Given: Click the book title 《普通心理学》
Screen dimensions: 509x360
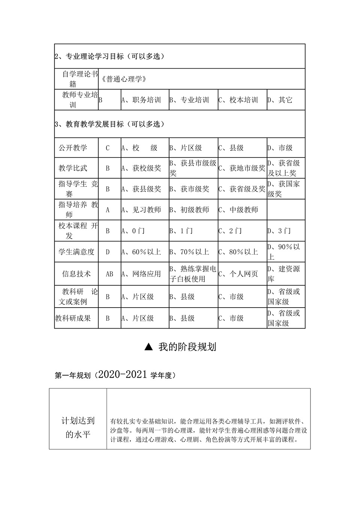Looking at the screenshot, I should point(124,79).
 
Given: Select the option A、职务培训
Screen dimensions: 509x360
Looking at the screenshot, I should point(141,100).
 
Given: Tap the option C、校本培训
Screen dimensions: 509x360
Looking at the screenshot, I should point(238,100).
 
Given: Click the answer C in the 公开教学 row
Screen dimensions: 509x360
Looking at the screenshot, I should point(108,148).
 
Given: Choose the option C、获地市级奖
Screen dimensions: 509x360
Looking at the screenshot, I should point(242,168).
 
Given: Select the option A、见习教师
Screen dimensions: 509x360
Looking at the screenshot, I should point(141,210).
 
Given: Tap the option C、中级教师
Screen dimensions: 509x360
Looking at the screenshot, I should point(238,210).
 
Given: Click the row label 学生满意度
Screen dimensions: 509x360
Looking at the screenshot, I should point(76,252).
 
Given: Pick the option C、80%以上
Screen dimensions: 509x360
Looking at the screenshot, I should point(238,252).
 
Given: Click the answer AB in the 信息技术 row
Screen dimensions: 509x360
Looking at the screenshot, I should point(109,274).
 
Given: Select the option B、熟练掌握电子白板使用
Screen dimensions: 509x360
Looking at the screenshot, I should point(193,274).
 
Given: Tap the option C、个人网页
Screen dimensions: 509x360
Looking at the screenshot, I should point(238,274).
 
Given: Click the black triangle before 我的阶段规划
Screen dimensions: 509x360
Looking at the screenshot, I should point(148,347).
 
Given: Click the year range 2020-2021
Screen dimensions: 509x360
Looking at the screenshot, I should point(123,374).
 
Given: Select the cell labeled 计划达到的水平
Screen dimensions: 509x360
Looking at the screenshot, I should point(78,428).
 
